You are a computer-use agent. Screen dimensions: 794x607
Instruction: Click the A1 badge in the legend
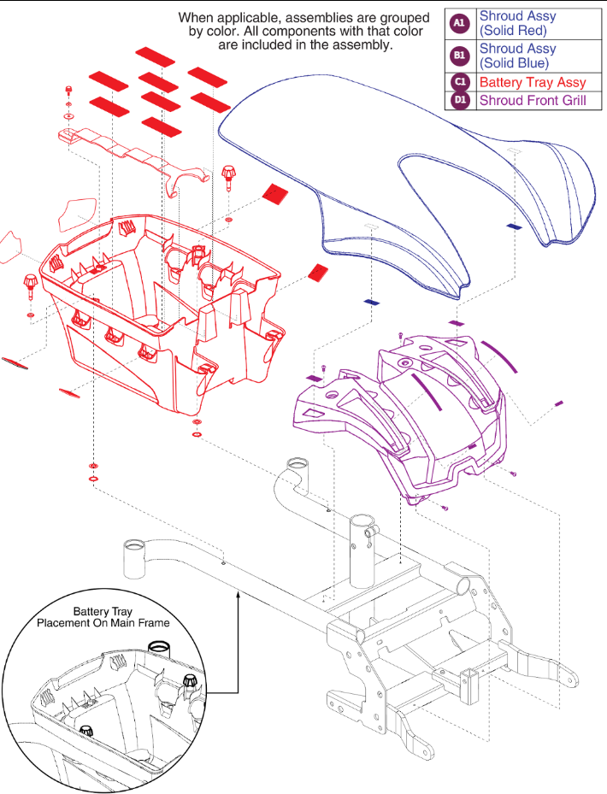point(460,23)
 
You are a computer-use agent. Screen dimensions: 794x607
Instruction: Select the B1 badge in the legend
point(460,56)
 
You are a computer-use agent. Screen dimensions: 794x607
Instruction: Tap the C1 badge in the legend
point(460,82)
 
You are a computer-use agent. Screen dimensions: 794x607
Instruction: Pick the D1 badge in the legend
point(460,100)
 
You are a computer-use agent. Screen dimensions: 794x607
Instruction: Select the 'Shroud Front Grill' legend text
point(533,100)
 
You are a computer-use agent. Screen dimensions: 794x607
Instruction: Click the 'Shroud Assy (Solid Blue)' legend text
point(516,56)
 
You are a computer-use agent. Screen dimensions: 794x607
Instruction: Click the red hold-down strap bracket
point(137,154)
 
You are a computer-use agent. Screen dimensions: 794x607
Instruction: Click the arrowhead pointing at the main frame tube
point(238,591)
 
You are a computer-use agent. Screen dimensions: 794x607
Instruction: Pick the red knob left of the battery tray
point(31,282)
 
